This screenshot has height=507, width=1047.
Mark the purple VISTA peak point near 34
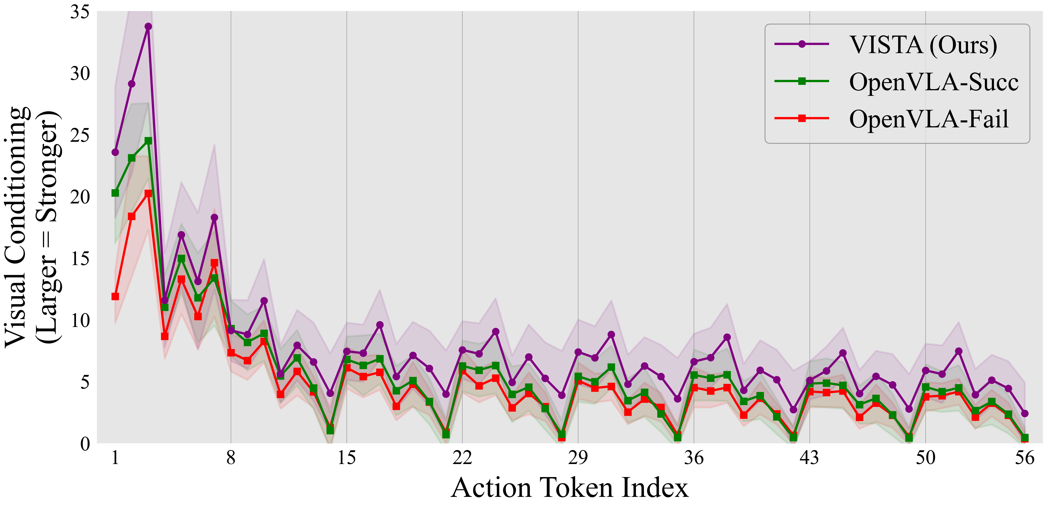point(148,26)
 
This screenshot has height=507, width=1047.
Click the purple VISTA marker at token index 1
point(115,152)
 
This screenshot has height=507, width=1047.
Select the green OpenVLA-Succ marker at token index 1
point(115,193)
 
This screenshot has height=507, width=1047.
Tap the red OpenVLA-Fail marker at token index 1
point(115,296)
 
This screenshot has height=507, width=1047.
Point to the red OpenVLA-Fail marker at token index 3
point(148,194)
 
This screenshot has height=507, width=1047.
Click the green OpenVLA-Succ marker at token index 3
point(148,141)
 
